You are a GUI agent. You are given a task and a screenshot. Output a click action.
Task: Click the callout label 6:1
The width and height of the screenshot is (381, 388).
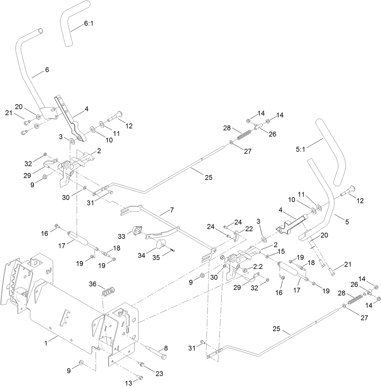[x=87, y=23]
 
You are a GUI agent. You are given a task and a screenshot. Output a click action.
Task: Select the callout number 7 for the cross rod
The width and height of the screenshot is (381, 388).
[x=172, y=210]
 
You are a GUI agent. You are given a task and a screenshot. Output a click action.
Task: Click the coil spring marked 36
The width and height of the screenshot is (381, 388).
[x=108, y=292]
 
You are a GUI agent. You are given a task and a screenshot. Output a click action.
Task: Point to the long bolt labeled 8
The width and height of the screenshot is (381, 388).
[x=156, y=352]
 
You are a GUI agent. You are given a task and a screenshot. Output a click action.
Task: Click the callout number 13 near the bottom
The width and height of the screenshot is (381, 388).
[x=129, y=383]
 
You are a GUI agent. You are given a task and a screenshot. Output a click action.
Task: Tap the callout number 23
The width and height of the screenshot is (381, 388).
[x=159, y=374]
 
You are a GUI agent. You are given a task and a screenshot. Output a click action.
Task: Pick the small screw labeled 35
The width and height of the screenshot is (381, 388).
[x=172, y=250]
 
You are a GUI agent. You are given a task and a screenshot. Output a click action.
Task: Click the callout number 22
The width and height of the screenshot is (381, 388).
[x=249, y=229]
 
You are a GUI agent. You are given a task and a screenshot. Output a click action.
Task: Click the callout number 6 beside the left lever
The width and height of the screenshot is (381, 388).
[x=47, y=69]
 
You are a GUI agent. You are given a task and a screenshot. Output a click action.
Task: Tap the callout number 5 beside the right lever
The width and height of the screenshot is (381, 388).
[x=347, y=222]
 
